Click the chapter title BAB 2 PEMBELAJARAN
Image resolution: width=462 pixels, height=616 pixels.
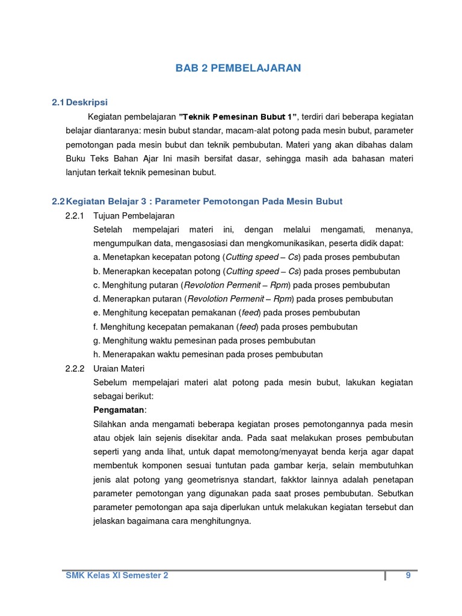[238, 69]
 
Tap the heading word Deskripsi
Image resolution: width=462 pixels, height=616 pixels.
[87, 102]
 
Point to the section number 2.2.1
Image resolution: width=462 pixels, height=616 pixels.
[76, 215]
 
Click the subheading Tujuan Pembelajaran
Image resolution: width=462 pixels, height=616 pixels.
[134, 215]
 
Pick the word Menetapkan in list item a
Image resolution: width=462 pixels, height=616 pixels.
[126, 257]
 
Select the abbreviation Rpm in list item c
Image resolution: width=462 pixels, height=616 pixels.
[280, 285]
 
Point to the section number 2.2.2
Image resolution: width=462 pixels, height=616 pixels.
[76, 368]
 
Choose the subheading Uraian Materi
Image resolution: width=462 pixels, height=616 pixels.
[119, 368]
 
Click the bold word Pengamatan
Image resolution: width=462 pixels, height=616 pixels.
[119, 410]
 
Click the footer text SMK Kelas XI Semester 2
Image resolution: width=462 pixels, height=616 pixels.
[117, 575]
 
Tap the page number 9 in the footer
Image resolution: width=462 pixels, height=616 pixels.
[408, 575]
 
